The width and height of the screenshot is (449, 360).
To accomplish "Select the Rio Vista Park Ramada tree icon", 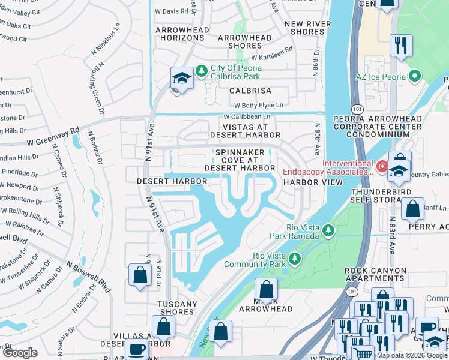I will point(328,230).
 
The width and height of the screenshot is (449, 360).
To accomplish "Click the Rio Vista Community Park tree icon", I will point(294,259).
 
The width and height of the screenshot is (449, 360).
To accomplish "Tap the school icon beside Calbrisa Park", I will point(182,79).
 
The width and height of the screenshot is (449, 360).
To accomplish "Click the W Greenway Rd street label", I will point(53,136).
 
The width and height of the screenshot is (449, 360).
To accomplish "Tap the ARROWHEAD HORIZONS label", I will point(182,34).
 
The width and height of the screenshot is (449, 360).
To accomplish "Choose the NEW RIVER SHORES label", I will point(304,28).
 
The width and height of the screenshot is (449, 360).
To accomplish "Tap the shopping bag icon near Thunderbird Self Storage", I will point(412,209).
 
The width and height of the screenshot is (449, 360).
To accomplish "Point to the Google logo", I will point(20,353).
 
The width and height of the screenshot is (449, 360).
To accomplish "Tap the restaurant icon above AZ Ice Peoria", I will point(399,45).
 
